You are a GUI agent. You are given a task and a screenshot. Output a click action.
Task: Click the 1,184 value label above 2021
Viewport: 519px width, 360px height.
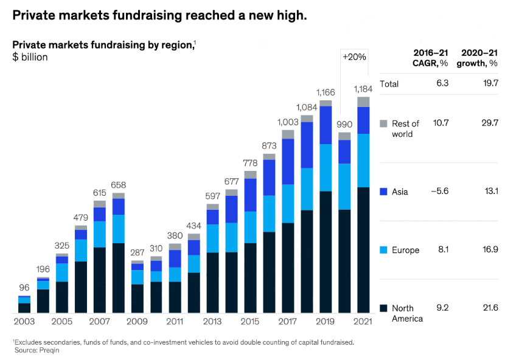(x=363, y=89)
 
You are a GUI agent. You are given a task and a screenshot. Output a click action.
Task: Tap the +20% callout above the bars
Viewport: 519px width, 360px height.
(x=354, y=57)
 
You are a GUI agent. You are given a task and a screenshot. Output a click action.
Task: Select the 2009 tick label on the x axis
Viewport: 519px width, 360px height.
(x=137, y=321)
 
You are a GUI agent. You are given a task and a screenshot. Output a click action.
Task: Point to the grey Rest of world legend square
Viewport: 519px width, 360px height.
(x=383, y=123)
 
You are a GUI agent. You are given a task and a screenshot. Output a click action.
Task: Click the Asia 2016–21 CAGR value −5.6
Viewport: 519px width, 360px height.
(x=439, y=192)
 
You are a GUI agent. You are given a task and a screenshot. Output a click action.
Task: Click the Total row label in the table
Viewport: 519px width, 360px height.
(x=389, y=84)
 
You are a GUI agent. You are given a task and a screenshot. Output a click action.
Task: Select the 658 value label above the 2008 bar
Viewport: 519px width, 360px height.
(x=119, y=185)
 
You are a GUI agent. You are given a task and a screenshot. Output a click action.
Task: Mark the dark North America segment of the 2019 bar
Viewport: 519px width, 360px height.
(x=326, y=252)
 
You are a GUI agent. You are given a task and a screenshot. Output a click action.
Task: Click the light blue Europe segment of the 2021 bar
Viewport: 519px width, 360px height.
(x=363, y=161)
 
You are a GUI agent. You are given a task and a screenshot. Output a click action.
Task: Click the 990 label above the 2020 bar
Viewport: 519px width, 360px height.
(x=344, y=124)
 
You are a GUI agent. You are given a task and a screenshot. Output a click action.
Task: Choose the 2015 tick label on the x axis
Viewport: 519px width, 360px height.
(x=250, y=321)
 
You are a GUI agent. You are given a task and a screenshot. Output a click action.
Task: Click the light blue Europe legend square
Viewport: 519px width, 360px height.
(x=383, y=250)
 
